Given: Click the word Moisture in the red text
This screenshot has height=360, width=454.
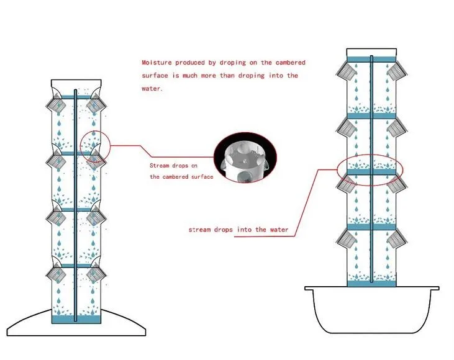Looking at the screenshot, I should click(157, 63).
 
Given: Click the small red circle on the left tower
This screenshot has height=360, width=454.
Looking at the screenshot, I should click(94, 145).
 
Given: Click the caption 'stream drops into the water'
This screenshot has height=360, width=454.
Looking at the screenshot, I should click(238, 230).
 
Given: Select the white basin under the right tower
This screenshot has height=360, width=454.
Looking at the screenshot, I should click(371, 310).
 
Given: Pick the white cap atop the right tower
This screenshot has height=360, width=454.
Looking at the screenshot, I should click(371, 53).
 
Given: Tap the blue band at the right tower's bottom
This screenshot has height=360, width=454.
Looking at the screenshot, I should click(371, 282).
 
